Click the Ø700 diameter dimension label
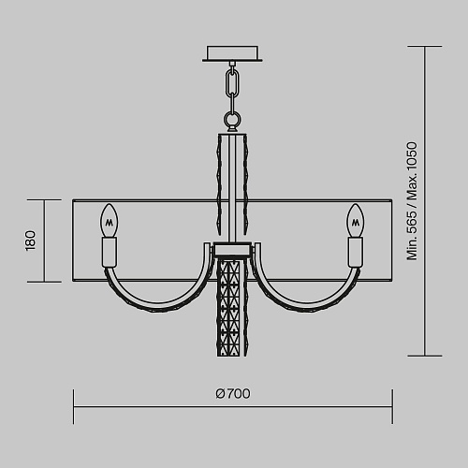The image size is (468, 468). tap(233, 394)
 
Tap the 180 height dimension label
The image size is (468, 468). tap(31, 241)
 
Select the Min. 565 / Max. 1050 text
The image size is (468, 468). tap(412, 201)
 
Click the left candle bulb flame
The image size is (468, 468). tap(110, 221)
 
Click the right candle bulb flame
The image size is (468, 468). tap(355, 221)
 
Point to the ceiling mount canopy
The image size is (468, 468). tap(232, 53)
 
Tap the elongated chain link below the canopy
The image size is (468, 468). tap(232, 83)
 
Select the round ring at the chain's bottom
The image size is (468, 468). tap(232, 119)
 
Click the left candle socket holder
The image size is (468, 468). tap(110, 252)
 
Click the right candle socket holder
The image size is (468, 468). tap(356, 252)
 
